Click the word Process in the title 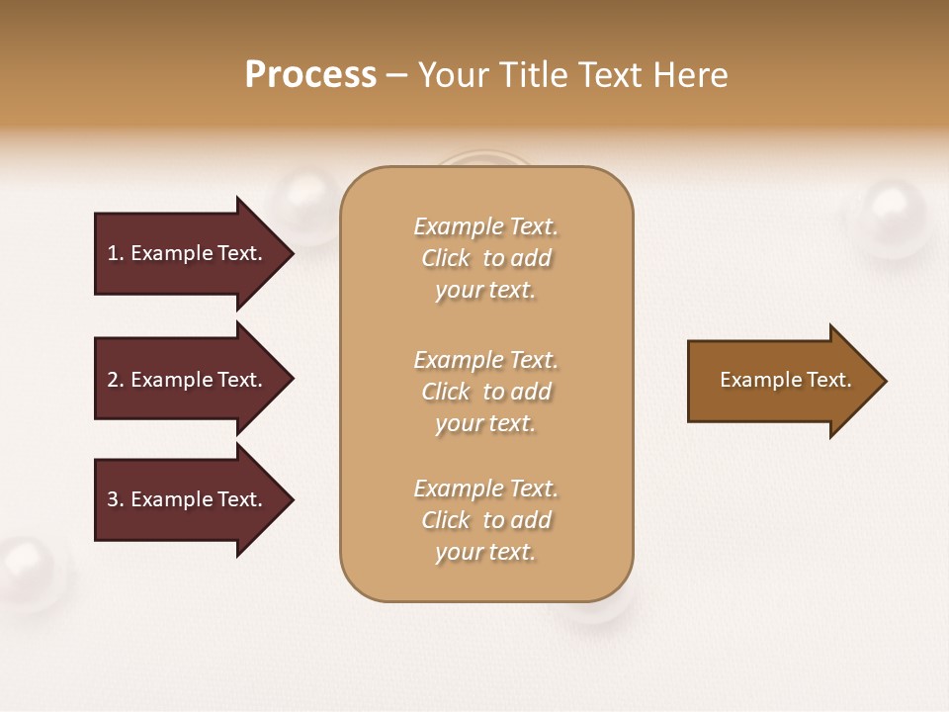pos(310,75)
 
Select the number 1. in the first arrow pos(116,253)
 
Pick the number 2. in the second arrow pos(116,380)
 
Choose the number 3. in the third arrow pos(116,499)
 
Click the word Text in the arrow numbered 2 pos(240,380)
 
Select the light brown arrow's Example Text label pos(785,380)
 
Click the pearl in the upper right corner pos(892,218)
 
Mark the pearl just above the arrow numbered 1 pos(306,203)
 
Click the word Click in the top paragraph pos(446,258)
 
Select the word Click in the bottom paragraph pos(446,520)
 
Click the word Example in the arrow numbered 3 pos(172,499)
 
